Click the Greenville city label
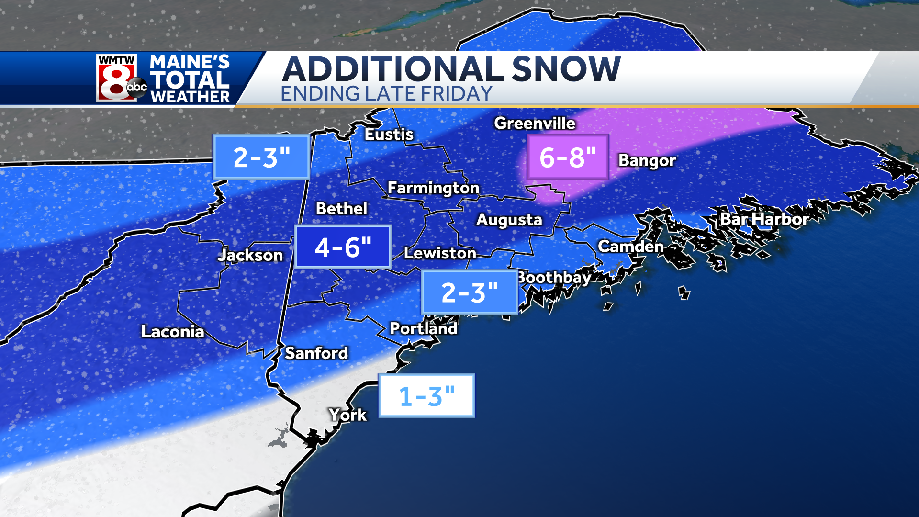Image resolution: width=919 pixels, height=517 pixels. click(x=535, y=124)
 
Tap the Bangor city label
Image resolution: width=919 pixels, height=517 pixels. click(x=647, y=160)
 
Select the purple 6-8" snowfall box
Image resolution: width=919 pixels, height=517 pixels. click(x=568, y=157)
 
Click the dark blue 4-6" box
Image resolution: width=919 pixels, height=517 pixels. click(x=343, y=247)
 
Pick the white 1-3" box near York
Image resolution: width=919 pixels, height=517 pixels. click(x=426, y=396)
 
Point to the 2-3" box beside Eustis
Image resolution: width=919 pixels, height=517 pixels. click(x=261, y=157)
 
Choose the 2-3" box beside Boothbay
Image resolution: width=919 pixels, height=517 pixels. click(x=469, y=292)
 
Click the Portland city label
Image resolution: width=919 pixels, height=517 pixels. click(x=424, y=328)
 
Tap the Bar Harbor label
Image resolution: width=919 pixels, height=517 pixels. click(x=764, y=219)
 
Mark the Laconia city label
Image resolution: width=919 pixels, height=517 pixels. click(x=172, y=332)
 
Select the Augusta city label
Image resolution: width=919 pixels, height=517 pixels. click(x=509, y=220)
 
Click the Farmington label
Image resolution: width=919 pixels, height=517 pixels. click(x=433, y=188)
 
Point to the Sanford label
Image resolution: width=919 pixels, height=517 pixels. click(x=316, y=353)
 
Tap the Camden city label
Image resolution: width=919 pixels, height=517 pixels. click(x=631, y=247)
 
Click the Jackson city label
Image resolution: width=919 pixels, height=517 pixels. click(x=250, y=255)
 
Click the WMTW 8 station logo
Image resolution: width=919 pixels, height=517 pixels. click(x=116, y=78)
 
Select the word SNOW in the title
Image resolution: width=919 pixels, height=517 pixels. click(x=566, y=69)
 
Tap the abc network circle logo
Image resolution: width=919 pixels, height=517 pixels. click(x=137, y=88)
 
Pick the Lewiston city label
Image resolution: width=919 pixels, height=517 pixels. click(x=440, y=253)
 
